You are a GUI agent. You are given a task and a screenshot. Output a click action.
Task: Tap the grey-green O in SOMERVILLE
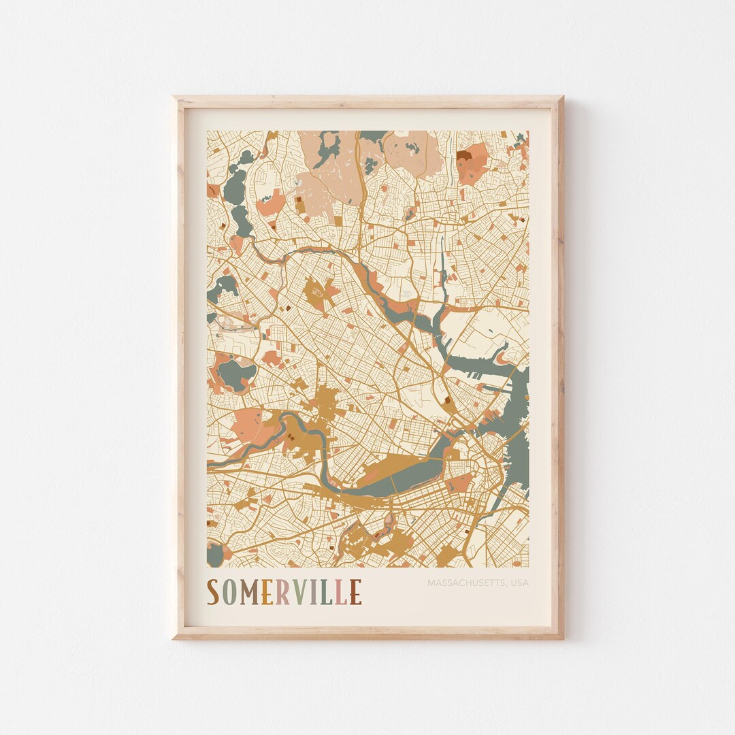coord(229,592)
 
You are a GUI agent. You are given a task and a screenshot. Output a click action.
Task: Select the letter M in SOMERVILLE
coord(249,592)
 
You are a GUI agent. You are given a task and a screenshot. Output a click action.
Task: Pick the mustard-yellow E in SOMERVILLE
coord(267,592)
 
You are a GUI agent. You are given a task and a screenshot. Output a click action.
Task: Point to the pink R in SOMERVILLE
coord(284,592)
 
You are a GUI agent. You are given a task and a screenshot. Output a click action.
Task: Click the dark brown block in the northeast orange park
coord(464,155)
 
